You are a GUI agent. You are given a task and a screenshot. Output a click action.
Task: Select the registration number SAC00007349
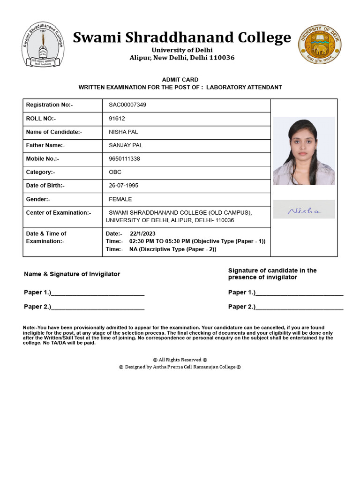point(127,105)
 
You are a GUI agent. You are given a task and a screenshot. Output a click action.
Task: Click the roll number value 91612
point(117,119)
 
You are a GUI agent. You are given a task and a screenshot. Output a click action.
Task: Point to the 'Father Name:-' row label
point(45,145)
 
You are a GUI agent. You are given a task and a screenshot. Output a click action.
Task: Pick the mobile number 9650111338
point(124,159)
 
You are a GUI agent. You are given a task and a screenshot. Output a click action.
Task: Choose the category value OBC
point(115,172)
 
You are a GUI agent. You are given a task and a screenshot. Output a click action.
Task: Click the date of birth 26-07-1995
point(123,186)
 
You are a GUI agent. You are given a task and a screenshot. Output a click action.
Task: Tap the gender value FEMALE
point(120,199)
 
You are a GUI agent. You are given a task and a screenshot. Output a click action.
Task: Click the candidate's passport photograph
point(304,151)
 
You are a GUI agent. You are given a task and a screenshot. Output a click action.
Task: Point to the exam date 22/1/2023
point(142,233)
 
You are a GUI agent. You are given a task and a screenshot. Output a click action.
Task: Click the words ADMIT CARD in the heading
point(180,80)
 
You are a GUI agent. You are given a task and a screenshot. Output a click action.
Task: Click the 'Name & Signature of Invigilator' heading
point(72,274)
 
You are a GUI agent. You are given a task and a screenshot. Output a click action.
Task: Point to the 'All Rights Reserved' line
point(180,360)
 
